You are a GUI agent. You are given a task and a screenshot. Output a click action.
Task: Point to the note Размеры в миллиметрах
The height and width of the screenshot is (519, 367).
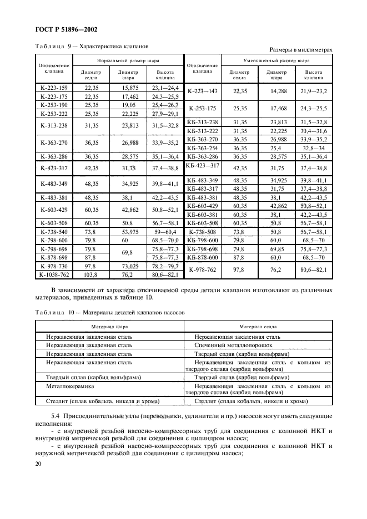(300, 50)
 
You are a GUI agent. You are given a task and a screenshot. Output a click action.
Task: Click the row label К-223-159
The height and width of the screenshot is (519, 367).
(54, 88)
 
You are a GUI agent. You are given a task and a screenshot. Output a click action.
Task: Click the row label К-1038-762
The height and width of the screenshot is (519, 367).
(54, 274)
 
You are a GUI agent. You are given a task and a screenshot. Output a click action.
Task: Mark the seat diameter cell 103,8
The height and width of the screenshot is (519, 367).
(91, 274)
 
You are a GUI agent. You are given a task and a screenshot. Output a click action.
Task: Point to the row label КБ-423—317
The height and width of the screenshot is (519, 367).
(203, 166)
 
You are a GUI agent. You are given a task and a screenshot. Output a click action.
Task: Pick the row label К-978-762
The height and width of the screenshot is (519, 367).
(203, 270)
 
